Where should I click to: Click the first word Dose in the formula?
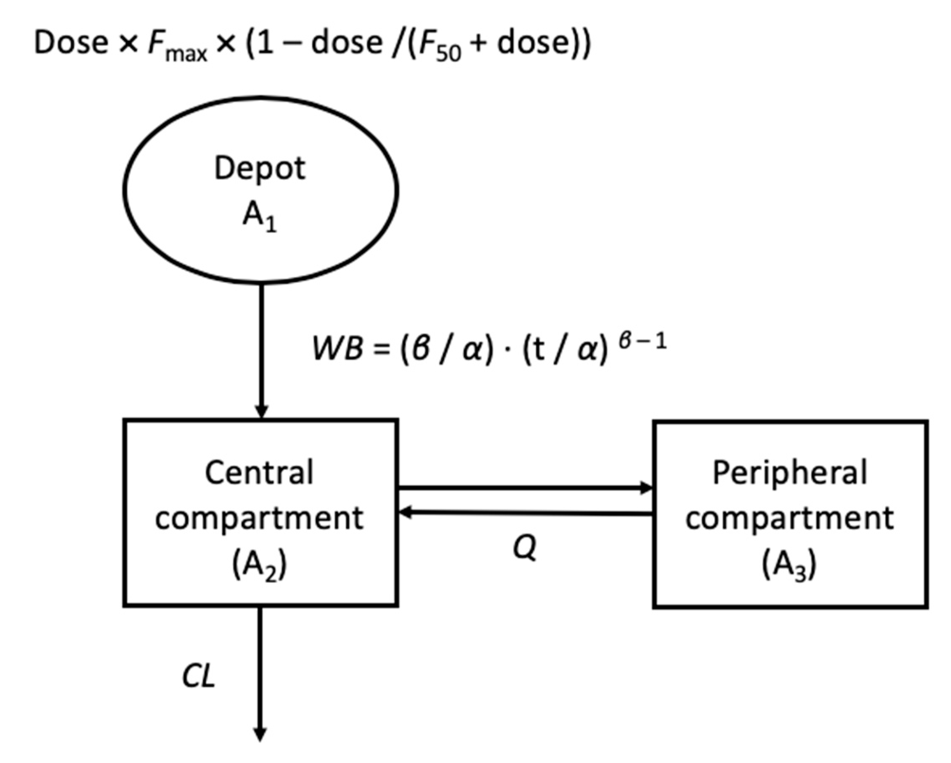pos(71,43)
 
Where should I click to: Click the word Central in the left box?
pos(259,473)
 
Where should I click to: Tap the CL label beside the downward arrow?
pos(199,677)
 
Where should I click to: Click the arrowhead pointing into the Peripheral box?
pos(647,488)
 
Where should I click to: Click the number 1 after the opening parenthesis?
pos(265,43)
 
